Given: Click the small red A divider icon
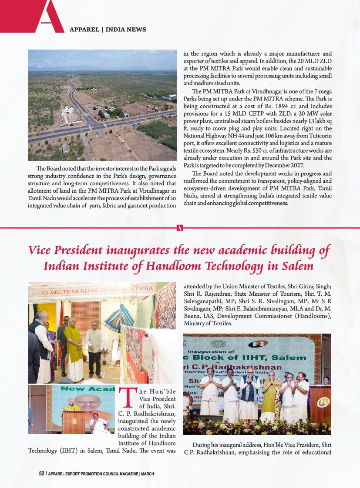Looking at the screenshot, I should coord(180,227).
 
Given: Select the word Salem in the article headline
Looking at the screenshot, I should coord(299,265).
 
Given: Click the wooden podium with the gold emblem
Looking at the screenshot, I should coord(74,421).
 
